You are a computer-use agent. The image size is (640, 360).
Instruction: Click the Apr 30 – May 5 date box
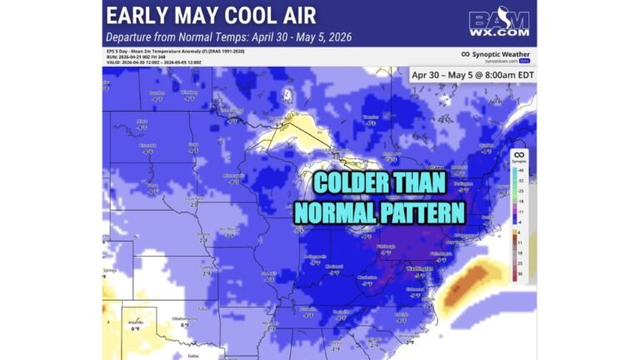pos(472,74)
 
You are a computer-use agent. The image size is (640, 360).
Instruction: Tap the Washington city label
pos(419,270)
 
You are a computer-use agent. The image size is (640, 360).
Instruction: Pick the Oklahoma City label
pos(184,317)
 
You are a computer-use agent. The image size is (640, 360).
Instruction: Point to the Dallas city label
pos(193,355)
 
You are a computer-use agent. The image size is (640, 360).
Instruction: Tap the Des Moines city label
pos(228,228)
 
